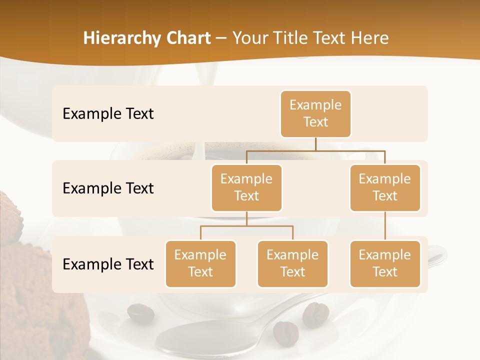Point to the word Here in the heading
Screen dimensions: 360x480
(x=369, y=38)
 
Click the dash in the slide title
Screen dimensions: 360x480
(x=221, y=39)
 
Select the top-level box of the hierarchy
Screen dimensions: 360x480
(x=315, y=113)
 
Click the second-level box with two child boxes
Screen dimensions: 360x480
(x=246, y=187)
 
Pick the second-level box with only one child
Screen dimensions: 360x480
(x=385, y=187)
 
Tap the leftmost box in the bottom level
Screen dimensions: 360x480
(x=200, y=263)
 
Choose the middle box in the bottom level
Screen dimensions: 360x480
(x=292, y=263)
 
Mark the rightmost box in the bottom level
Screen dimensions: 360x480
(x=385, y=263)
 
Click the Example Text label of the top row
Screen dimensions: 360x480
(x=108, y=114)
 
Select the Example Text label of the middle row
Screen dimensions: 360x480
(x=108, y=188)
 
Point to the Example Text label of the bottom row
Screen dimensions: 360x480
(x=108, y=264)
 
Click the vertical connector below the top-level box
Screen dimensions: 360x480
(x=315, y=144)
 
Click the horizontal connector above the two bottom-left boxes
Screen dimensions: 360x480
(x=246, y=226)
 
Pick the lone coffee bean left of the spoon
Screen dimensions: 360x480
(x=140, y=313)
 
